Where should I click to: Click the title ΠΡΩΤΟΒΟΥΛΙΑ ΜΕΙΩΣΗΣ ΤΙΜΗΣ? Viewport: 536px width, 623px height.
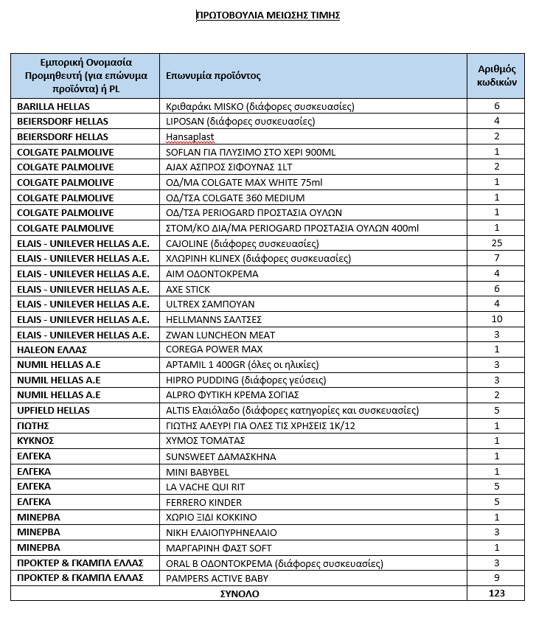pyautogui.click(x=268, y=15)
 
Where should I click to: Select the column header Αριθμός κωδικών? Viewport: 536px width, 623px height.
pyautogui.click(x=496, y=75)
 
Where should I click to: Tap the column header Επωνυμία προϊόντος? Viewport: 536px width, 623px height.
pyautogui.click(x=214, y=76)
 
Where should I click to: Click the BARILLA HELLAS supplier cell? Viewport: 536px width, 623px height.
pyautogui.click(x=53, y=107)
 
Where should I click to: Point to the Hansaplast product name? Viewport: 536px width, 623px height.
pyautogui.click(x=189, y=137)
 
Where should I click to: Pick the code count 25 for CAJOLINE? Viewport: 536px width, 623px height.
pyautogui.click(x=496, y=243)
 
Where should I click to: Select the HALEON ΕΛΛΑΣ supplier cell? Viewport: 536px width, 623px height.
pyautogui.click(x=52, y=349)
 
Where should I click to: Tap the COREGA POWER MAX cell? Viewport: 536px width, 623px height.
pyautogui.click(x=215, y=349)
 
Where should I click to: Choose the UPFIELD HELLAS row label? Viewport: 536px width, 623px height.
pyautogui.click(x=53, y=411)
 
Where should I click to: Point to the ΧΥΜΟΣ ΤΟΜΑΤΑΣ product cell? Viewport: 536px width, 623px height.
pyautogui.click(x=206, y=441)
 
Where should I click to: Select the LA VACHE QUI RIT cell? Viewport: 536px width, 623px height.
pyautogui.click(x=206, y=487)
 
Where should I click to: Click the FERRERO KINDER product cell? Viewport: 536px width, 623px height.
pyautogui.click(x=203, y=502)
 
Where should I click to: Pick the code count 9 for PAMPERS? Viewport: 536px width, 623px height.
pyautogui.click(x=496, y=578)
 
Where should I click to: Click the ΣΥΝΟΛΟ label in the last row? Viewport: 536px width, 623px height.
pyautogui.click(x=239, y=594)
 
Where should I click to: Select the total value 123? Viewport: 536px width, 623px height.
pyautogui.click(x=496, y=594)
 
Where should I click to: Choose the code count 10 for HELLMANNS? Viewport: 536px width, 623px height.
pyautogui.click(x=496, y=319)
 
